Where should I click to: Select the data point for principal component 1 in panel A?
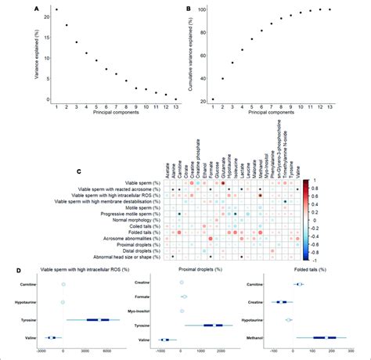coord(56,10)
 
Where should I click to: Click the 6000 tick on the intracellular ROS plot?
coord(106,351)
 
